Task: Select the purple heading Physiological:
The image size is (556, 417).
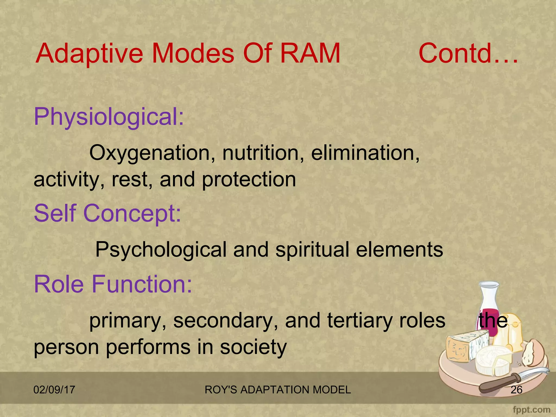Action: [x=109, y=117]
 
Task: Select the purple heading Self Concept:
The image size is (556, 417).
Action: [x=107, y=213]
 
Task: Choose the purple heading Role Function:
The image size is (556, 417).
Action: [x=113, y=284]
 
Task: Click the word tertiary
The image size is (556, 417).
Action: [x=360, y=320]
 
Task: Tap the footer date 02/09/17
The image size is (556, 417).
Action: [x=54, y=390]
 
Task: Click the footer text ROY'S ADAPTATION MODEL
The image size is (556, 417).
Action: [x=278, y=390]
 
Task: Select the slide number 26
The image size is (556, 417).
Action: [x=516, y=390]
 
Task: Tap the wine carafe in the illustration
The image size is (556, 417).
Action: [x=489, y=307]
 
